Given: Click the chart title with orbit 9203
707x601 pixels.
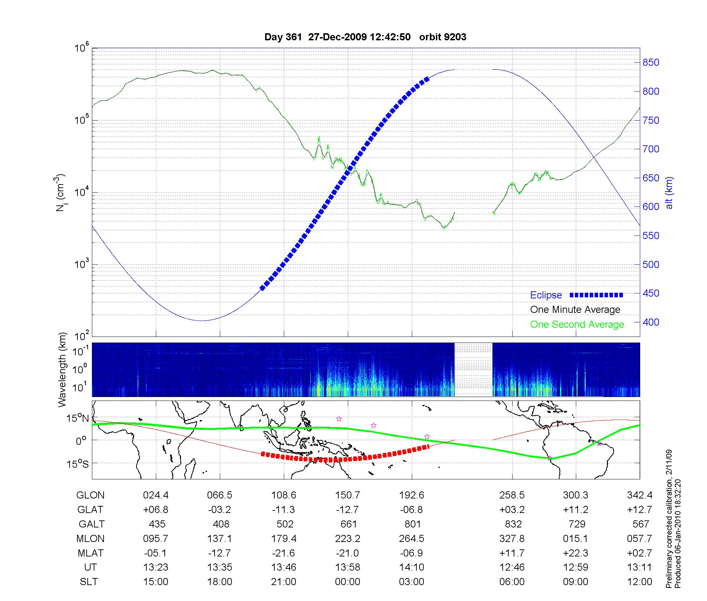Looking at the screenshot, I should tap(365, 37).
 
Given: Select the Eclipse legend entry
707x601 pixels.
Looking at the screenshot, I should tap(546, 295).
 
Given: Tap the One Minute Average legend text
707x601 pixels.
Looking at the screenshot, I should tap(575, 310).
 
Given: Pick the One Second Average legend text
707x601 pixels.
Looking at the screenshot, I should tap(577, 325).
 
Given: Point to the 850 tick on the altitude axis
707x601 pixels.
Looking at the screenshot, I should tap(650, 63).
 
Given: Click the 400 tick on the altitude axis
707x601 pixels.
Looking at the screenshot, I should tap(650, 322).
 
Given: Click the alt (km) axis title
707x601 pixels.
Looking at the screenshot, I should tap(669, 193).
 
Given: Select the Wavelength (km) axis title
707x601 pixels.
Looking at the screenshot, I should tap(62, 370).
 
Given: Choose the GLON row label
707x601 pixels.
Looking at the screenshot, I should tap(90, 495).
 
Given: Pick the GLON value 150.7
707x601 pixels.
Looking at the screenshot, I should tap(347, 495).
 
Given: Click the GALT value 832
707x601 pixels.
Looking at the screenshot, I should tap(513, 524).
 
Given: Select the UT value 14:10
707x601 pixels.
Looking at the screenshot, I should tap(411, 567).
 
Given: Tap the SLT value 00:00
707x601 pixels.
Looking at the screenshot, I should tap(347, 582).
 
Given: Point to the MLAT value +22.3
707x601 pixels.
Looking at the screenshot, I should tap(575, 553).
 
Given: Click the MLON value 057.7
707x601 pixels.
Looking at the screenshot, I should tap(639, 539).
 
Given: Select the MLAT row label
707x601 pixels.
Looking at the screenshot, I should tap(90, 553).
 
